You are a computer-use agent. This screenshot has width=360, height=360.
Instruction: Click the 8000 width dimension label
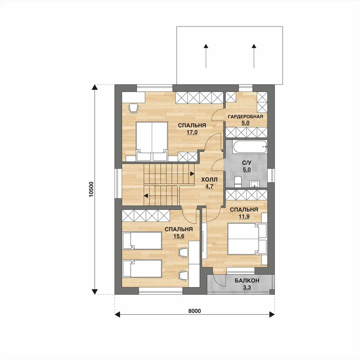click(x=194, y=311)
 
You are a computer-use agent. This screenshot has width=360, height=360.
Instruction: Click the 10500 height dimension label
click(x=91, y=189)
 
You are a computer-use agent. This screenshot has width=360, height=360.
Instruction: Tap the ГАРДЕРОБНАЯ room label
click(x=245, y=117)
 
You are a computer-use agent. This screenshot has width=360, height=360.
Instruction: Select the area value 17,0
click(x=192, y=132)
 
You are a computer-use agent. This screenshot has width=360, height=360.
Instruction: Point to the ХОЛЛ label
click(x=209, y=180)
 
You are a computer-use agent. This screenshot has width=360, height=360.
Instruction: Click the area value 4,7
click(x=209, y=186)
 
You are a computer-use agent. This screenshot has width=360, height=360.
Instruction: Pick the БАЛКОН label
click(x=247, y=280)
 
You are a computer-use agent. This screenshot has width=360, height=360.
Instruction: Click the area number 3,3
click(x=247, y=287)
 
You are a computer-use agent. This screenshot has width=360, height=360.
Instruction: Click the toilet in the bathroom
click(x=238, y=182)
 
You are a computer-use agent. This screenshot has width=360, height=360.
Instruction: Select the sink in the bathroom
click(x=254, y=184)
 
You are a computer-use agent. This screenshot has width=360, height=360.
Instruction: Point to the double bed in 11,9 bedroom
click(x=247, y=239)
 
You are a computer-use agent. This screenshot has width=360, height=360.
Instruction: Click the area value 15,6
click(x=179, y=236)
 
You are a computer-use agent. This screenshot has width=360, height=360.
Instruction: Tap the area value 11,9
click(x=244, y=216)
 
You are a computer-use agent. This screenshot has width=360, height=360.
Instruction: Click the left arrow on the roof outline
click(x=206, y=56)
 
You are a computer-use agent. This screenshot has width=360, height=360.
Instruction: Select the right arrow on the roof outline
click(x=254, y=56)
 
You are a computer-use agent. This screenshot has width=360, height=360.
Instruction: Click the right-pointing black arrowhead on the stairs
click(x=192, y=174)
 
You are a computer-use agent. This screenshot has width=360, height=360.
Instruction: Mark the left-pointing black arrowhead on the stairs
click(x=146, y=196)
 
